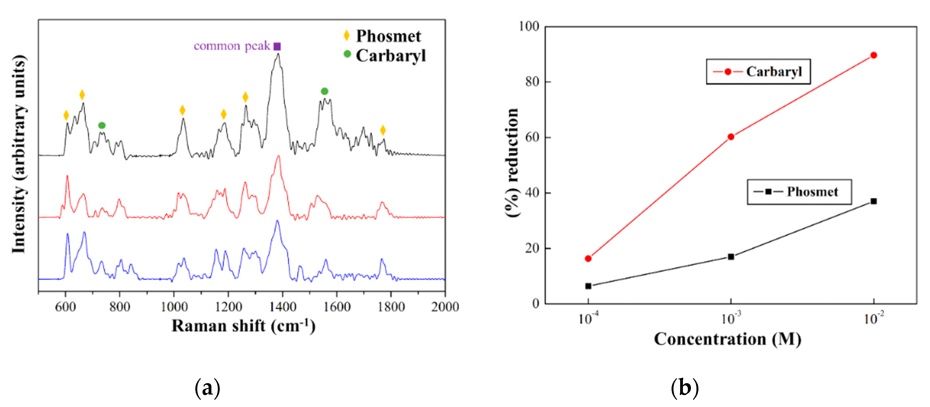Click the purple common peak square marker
(277, 46)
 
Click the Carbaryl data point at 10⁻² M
(873, 55)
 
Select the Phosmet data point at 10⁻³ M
(731, 257)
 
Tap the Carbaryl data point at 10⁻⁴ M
(588, 258)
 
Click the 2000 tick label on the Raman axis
(445, 307)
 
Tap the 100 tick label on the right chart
(529, 26)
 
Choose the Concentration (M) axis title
(727, 339)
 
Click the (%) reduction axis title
(512, 163)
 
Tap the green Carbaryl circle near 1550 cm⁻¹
(324, 91)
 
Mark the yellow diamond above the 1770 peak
(383, 130)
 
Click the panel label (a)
(207, 388)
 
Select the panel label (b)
(685, 388)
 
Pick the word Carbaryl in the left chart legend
(391, 56)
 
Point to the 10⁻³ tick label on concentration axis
(731, 319)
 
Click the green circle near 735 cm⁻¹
(102, 126)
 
